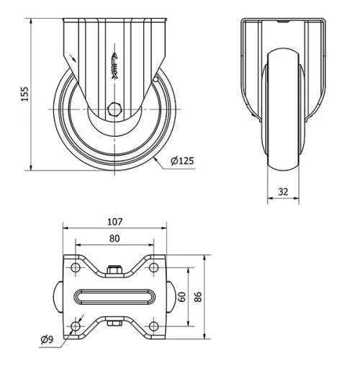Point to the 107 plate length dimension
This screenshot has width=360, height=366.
[115, 223]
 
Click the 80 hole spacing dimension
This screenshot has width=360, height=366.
[115, 238]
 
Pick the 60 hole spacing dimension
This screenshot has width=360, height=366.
[184, 297]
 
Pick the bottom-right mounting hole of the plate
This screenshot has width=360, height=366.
[154, 327]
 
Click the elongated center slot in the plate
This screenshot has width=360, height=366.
[115, 297]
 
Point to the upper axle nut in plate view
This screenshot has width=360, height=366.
[114, 270]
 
